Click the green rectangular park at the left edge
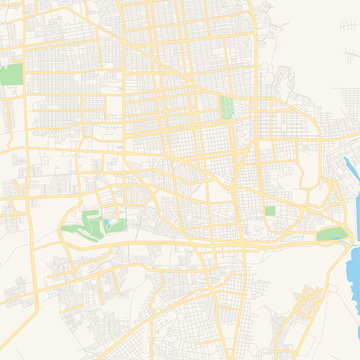click(11, 74)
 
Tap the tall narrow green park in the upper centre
click(226, 107)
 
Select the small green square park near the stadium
click(270, 211)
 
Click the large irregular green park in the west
click(90, 226)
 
